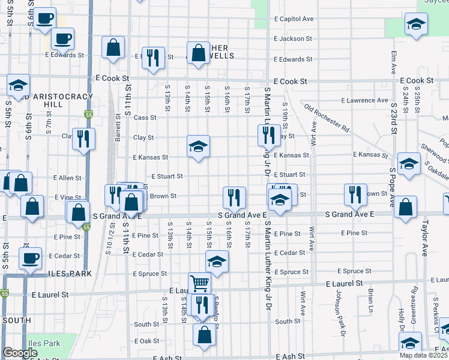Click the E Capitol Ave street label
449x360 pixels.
click(294, 19)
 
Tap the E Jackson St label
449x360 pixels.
click(293, 38)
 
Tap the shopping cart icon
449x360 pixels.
click(199, 282)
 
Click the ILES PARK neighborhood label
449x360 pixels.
click(70, 274)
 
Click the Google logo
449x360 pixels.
click(20, 353)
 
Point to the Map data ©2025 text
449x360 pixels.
click(424, 355)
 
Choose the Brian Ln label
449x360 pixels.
click(370, 299)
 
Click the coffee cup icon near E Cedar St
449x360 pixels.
click(30, 258)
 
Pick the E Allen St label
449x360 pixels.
click(67, 178)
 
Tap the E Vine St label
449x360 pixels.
click(68, 197)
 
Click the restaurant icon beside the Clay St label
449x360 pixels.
click(83, 139)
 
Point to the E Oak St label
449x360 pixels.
click(146, 341)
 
